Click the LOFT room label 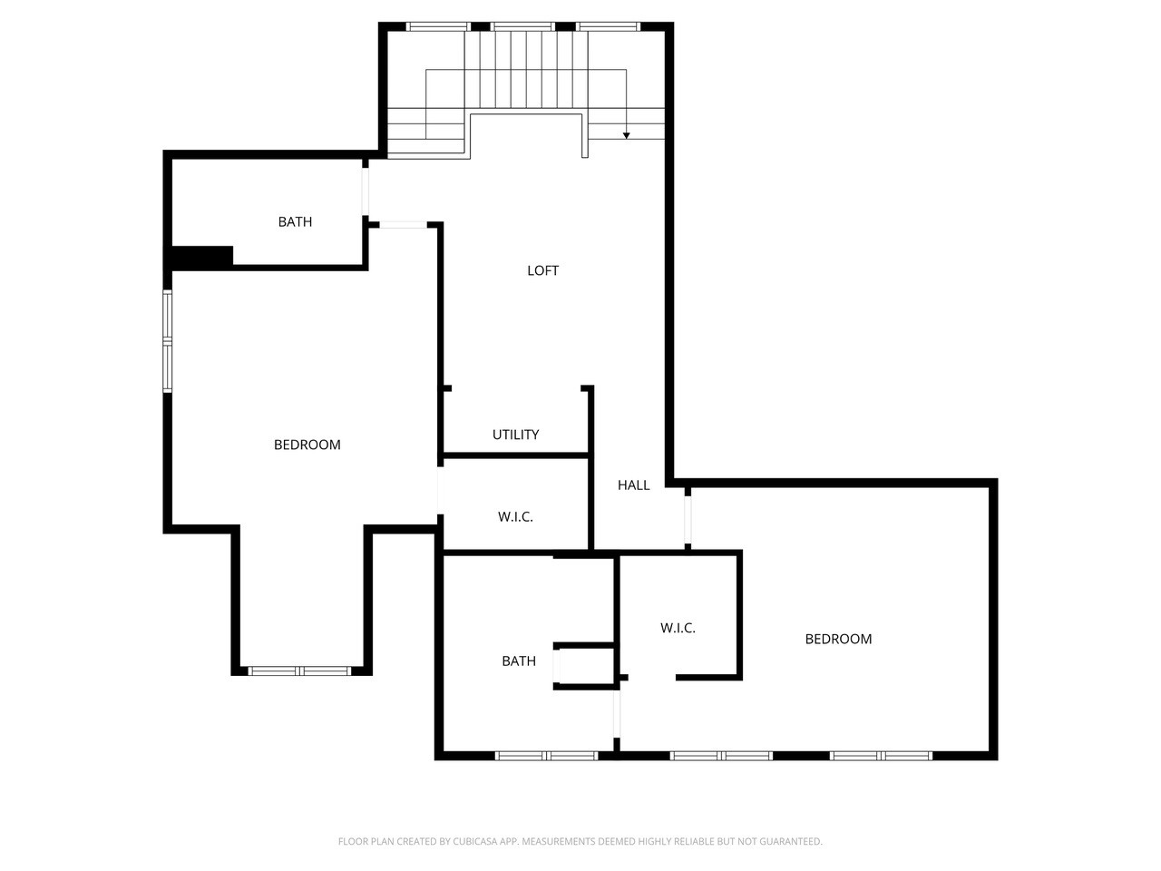click(x=542, y=270)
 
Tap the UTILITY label click(x=515, y=435)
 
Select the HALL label click(x=633, y=485)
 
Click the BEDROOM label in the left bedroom click(x=307, y=445)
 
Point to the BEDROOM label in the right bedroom click(x=838, y=639)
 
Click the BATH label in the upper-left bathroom click(x=295, y=221)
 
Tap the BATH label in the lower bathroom click(x=519, y=661)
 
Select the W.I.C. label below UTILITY click(x=515, y=517)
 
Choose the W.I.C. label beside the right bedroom click(x=678, y=628)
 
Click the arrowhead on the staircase click(x=626, y=135)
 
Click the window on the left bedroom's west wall click(x=168, y=340)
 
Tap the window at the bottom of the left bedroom click(x=300, y=671)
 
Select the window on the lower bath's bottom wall click(x=546, y=755)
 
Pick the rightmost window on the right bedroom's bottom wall click(x=882, y=755)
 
